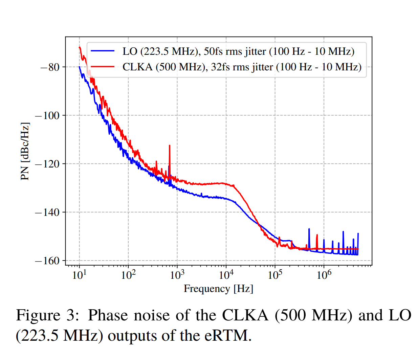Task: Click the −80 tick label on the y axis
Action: click(50, 67)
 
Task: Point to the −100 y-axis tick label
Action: click(47, 115)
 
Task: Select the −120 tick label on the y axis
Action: click(47, 164)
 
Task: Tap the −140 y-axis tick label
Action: click(47, 212)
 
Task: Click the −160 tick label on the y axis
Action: click(47, 261)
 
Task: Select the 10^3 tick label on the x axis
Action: click(177, 275)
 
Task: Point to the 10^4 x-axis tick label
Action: click(226, 275)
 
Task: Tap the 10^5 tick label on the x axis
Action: click(275, 275)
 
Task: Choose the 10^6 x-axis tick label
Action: click(324, 275)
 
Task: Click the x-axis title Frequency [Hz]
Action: click(218, 289)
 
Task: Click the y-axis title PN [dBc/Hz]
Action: click(25, 151)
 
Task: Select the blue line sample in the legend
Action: click(103, 51)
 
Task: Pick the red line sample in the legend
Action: click(103, 67)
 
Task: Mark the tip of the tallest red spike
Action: click(170, 145)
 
